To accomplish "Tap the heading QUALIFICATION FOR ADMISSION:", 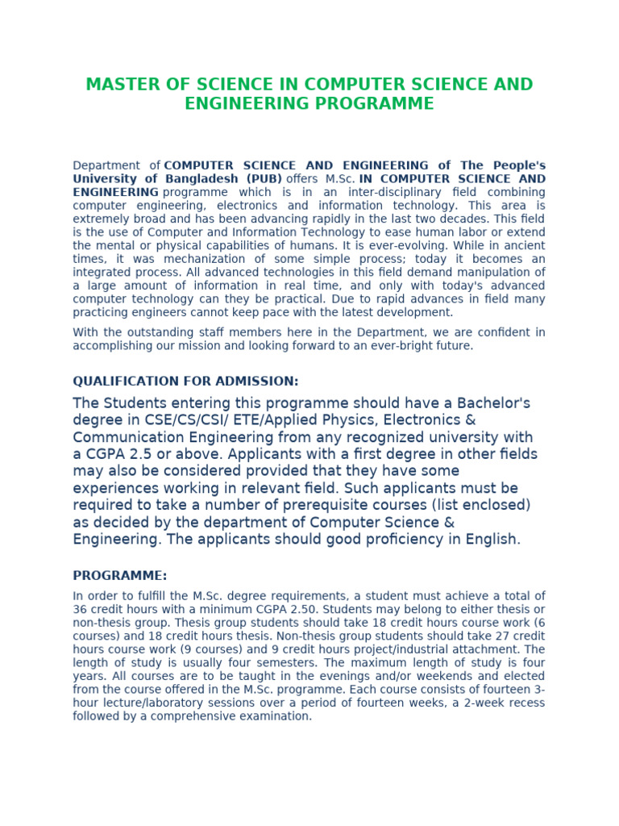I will pyautogui.click(x=185, y=382).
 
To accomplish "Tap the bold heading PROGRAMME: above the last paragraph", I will pyautogui.click(x=120, y=576).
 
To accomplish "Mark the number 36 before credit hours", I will pyautogui.click(x=80, y=609).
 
